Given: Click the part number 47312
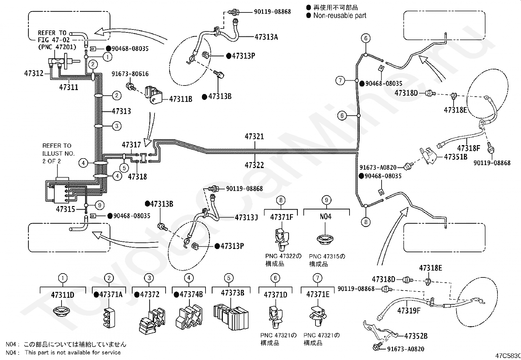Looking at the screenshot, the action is pos(34,73).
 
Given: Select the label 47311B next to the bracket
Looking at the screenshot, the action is pos(181,99).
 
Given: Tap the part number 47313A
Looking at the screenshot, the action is pos(266,37).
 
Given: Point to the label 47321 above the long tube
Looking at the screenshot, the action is pos(255,137).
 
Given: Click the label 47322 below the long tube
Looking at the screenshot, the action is pos(255,165).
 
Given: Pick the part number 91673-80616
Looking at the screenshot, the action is pos(130,74).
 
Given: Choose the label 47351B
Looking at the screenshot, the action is pos(456,157).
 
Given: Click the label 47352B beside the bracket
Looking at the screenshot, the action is pos(416,336).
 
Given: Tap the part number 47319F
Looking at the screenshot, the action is pos(409,311).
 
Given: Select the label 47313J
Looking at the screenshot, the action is pos(246,218).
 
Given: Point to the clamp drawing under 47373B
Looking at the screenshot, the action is pos(231,317).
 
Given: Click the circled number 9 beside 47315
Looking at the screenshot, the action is pos(100,205).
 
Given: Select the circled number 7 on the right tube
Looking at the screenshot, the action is pos(340,81).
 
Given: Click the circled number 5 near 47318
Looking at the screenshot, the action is pos(124,168).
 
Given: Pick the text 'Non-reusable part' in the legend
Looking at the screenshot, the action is pos(340,16).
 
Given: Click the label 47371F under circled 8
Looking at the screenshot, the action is pos(282,217).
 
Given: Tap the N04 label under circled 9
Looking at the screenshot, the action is pos(325,217).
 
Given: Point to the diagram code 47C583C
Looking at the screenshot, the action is pos(508,356).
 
